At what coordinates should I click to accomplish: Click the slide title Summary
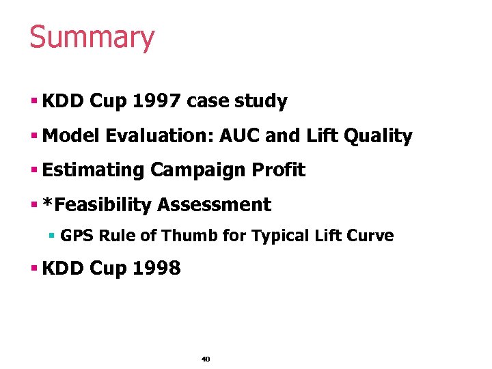92,38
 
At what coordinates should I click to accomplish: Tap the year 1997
158,102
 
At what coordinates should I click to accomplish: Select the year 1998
158,269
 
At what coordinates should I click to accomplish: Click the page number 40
206,359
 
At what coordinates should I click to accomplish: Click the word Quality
379,137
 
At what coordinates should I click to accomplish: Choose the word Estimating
93,170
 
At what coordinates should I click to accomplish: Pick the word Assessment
214,205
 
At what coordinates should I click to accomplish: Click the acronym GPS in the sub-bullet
78,236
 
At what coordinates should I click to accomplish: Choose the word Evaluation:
160,136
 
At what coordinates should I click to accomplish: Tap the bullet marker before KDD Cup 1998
33,269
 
